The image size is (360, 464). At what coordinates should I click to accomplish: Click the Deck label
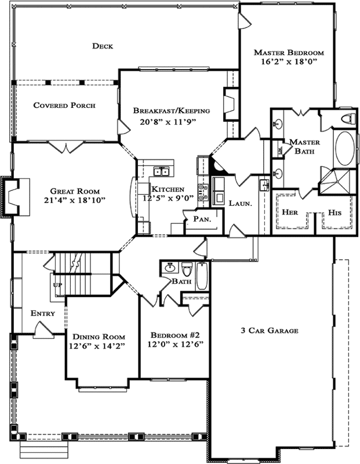coord(102,46)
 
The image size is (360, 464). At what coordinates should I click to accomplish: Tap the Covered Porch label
coord(64,105)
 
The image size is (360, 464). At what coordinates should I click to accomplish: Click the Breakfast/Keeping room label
coord(171,110)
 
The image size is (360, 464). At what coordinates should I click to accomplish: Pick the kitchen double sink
coord(160,171)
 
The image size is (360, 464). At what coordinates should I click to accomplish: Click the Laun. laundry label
coord(239,204)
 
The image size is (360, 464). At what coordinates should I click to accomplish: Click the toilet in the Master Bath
coord(347,119)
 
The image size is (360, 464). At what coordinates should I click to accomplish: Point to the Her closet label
coord(289,212)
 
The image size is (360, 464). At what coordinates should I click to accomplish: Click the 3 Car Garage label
coord(269,331)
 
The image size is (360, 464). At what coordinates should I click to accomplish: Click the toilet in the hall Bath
coord(187,270)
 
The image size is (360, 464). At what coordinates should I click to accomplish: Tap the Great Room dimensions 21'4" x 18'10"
coord(74,201)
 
